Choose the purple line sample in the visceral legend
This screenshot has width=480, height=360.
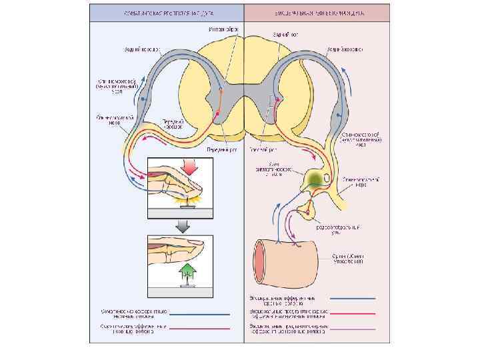click(357, 328)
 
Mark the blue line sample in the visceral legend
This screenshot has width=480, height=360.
click(357, 299)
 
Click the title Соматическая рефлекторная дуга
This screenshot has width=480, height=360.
click(167, 12)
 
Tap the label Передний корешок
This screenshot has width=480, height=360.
click(175, 125)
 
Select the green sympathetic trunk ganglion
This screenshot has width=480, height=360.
click(314, 178)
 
